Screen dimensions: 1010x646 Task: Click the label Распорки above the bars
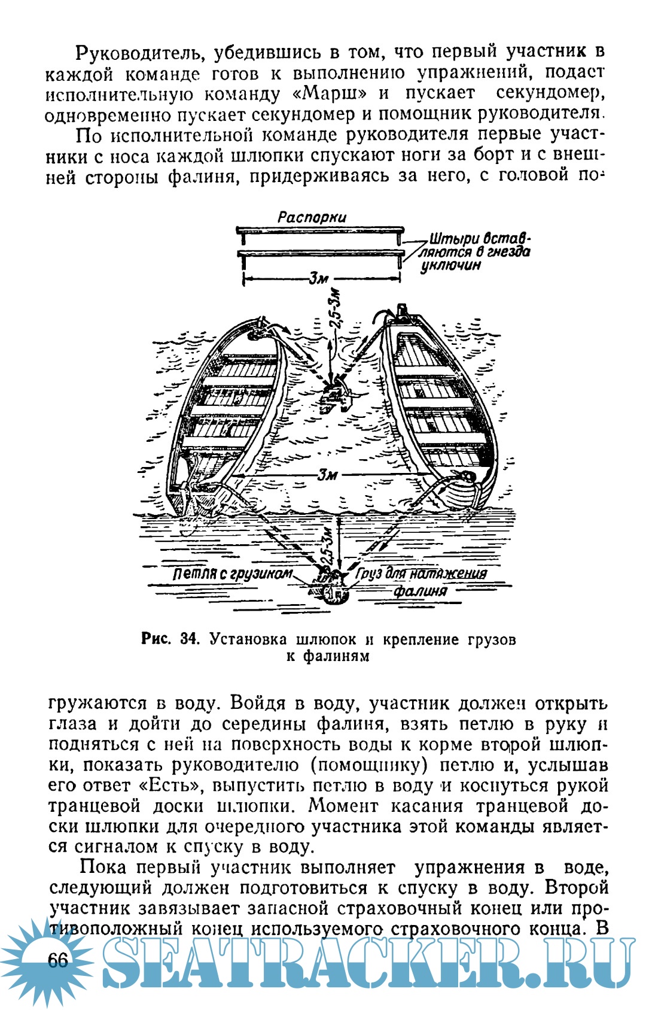(x=312, y=217)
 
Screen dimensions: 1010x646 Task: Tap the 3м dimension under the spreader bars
(x=318, y=278)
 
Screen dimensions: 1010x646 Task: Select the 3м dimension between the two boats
(x=328, y=475)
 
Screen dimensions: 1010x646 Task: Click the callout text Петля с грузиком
(x=232, y=574)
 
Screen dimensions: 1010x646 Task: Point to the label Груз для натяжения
(x=422, y=574)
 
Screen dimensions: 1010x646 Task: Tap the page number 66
(x=57, y=960)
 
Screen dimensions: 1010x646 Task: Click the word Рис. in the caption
(x=156, y=639)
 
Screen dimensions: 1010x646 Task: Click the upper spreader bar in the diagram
(x=320, y=230)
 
